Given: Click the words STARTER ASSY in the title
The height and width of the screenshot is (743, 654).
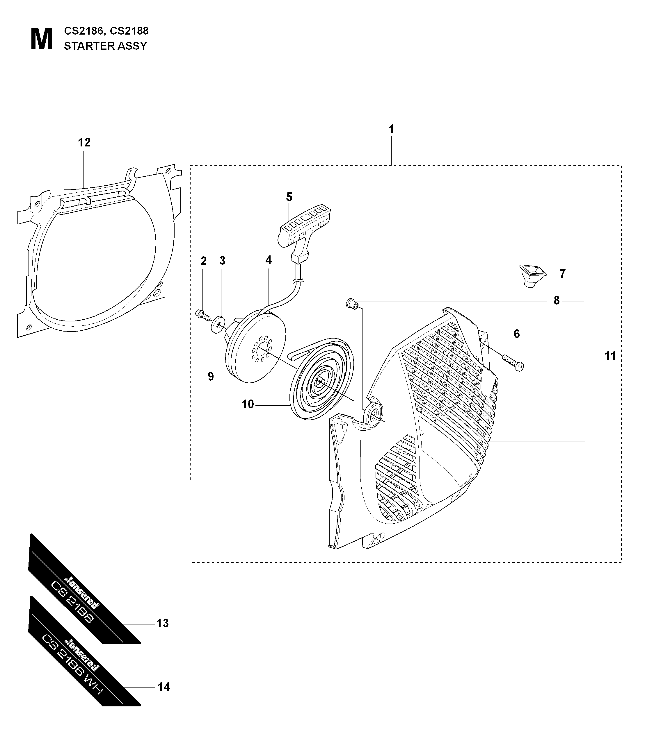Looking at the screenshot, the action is (x=105, y=46).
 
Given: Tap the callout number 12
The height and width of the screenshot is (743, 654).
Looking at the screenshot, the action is (x=84, y=142).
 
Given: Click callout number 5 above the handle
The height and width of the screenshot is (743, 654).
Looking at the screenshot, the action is (x=289, y=197).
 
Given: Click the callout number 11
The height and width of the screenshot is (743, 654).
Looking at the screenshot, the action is (x=610, y=356).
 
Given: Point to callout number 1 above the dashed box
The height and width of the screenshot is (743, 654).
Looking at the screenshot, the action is (x=391, y=129).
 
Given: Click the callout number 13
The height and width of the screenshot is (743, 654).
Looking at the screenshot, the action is (x=162, y=623).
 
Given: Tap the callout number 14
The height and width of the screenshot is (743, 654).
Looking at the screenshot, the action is (x=164, y=687).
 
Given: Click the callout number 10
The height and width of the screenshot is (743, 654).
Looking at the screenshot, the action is (x=248, y=404).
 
